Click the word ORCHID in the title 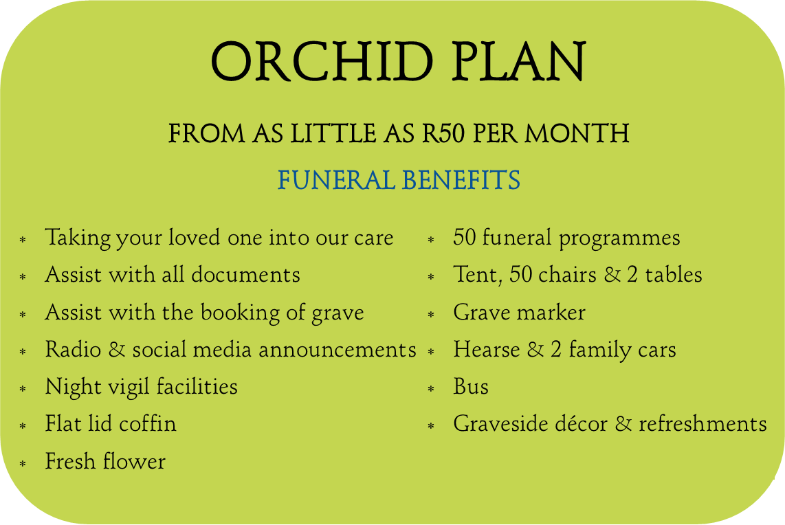(x=322, y=62)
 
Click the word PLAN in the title (x=519, y=62)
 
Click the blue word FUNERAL (x=336, y=180)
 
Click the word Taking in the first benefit (x=78, y=238)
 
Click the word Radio (x=73, y=349)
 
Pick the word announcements (x=338, y=350)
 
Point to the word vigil (x=129, y=388)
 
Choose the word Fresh (x=71, y=461)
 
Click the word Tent (x=478, y=275)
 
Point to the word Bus (x=471, y=386)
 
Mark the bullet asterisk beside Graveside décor (x=430, y=427)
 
